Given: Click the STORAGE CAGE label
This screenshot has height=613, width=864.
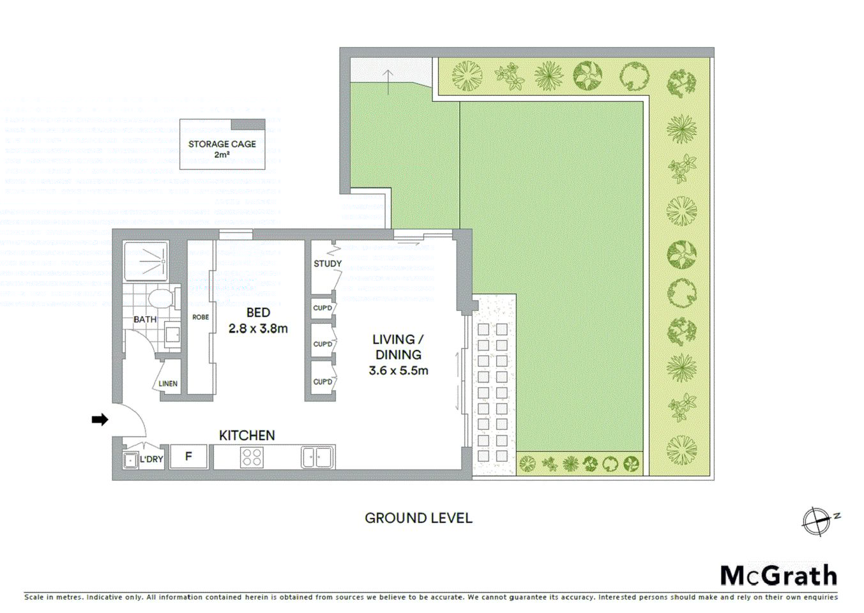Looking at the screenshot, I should [x=222, y=144].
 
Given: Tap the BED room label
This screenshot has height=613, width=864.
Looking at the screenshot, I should [x=258, y=313].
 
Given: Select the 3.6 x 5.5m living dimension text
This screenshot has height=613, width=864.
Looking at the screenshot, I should [x=398, y=370].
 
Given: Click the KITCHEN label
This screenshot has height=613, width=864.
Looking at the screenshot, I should [x=246, y=435].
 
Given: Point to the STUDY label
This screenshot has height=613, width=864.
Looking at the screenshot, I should [x=327, y=264].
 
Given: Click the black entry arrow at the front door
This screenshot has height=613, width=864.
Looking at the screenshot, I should [x=100, y=420].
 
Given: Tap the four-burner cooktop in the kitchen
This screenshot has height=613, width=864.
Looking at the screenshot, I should [x=252, y=457].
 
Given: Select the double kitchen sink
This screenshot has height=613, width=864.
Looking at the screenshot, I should [x=317, y=457].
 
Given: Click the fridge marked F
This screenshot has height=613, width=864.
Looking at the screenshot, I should [x=188, y=457].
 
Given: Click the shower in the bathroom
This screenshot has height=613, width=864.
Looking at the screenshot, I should [x=146, y=261].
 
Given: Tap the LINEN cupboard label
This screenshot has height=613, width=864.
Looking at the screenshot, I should [x=168, y=384].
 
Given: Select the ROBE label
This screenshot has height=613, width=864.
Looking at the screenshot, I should [x=201, y=317].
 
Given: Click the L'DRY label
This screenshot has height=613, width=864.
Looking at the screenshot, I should [x=151, y=459].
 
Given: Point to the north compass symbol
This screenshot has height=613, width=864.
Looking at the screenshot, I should [x=817, y=521].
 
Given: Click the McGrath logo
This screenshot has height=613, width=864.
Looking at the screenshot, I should [x=778, y=575].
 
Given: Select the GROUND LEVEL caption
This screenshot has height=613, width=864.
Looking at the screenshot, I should [x=418, y=518].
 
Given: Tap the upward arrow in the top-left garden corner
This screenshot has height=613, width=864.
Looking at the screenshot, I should [x=388, y=82].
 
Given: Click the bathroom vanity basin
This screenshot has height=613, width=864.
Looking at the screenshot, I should [x=172, y=334].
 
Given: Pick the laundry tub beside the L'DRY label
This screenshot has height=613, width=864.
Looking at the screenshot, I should [x=130, y=460].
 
